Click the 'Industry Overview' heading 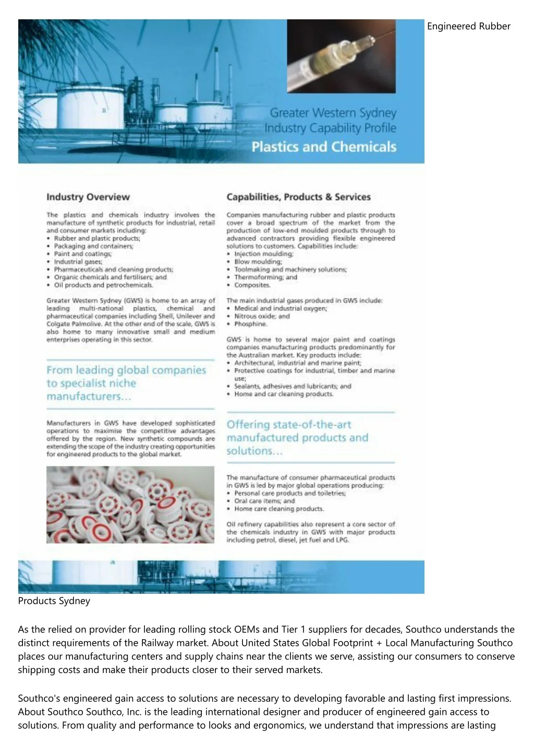[88, 197]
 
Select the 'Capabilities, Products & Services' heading [298, 197]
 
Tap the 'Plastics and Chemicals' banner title [324, 147]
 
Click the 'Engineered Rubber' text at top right [468, 26]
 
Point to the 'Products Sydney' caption [54, 601]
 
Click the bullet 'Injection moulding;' [263, 254]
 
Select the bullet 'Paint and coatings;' [82, 254]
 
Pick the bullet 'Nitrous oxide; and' [262, 316]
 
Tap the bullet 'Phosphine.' [250, 324]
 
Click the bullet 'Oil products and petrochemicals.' [103, 285]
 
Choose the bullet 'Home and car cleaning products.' [283, 394]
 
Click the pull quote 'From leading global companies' [126, 370]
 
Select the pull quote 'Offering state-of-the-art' [288, 425]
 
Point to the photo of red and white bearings [130, 505]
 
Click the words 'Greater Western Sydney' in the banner [333, 113]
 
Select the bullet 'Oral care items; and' [264, 501]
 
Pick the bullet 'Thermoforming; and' [265, 278]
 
